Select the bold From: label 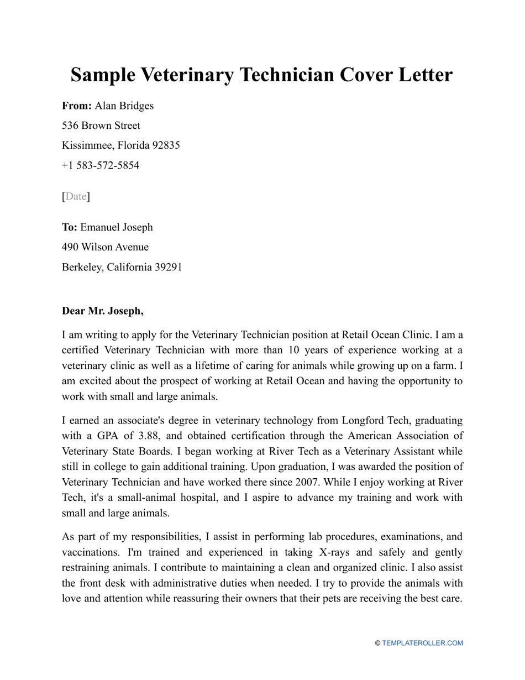[x=77, y=106]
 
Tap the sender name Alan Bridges [x=124, y=106]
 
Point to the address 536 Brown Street [x=101, y=125]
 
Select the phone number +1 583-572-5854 [x=101, y=165]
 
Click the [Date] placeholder [x=76, y=196]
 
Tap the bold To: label [x=70, y=227]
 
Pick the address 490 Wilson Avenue [x=105, y=247]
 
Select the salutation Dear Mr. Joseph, [x=103, y=311]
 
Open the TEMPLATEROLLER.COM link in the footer [x=422, y=643]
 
